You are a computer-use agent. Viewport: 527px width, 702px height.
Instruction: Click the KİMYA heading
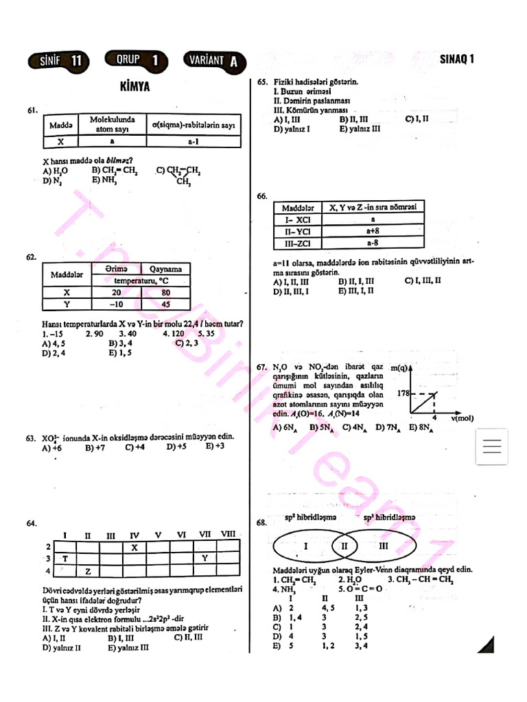(134, 87)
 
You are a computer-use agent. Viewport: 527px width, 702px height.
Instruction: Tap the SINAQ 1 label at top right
(457, 59)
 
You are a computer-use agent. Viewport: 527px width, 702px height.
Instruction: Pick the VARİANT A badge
(215, 61)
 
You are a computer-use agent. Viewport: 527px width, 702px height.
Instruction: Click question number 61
(32, 110)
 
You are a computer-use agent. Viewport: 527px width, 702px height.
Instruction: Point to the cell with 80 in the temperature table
(165, 292)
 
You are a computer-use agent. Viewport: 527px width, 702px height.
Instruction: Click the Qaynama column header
(165, 269)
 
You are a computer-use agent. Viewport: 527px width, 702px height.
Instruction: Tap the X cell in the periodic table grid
(134, 547)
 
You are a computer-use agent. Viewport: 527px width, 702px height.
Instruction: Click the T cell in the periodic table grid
(65, 559)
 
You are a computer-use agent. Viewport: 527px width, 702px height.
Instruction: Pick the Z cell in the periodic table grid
(88, 570)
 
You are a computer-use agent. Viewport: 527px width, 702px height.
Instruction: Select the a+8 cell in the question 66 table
(373, 232)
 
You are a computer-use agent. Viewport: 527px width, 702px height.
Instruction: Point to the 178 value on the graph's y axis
(403, 394)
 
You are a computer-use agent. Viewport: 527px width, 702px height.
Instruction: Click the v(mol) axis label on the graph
(462, 417)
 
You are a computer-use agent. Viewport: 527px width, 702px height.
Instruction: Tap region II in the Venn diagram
(345, 546)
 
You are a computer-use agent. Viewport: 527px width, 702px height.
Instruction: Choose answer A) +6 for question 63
(52, 448)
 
